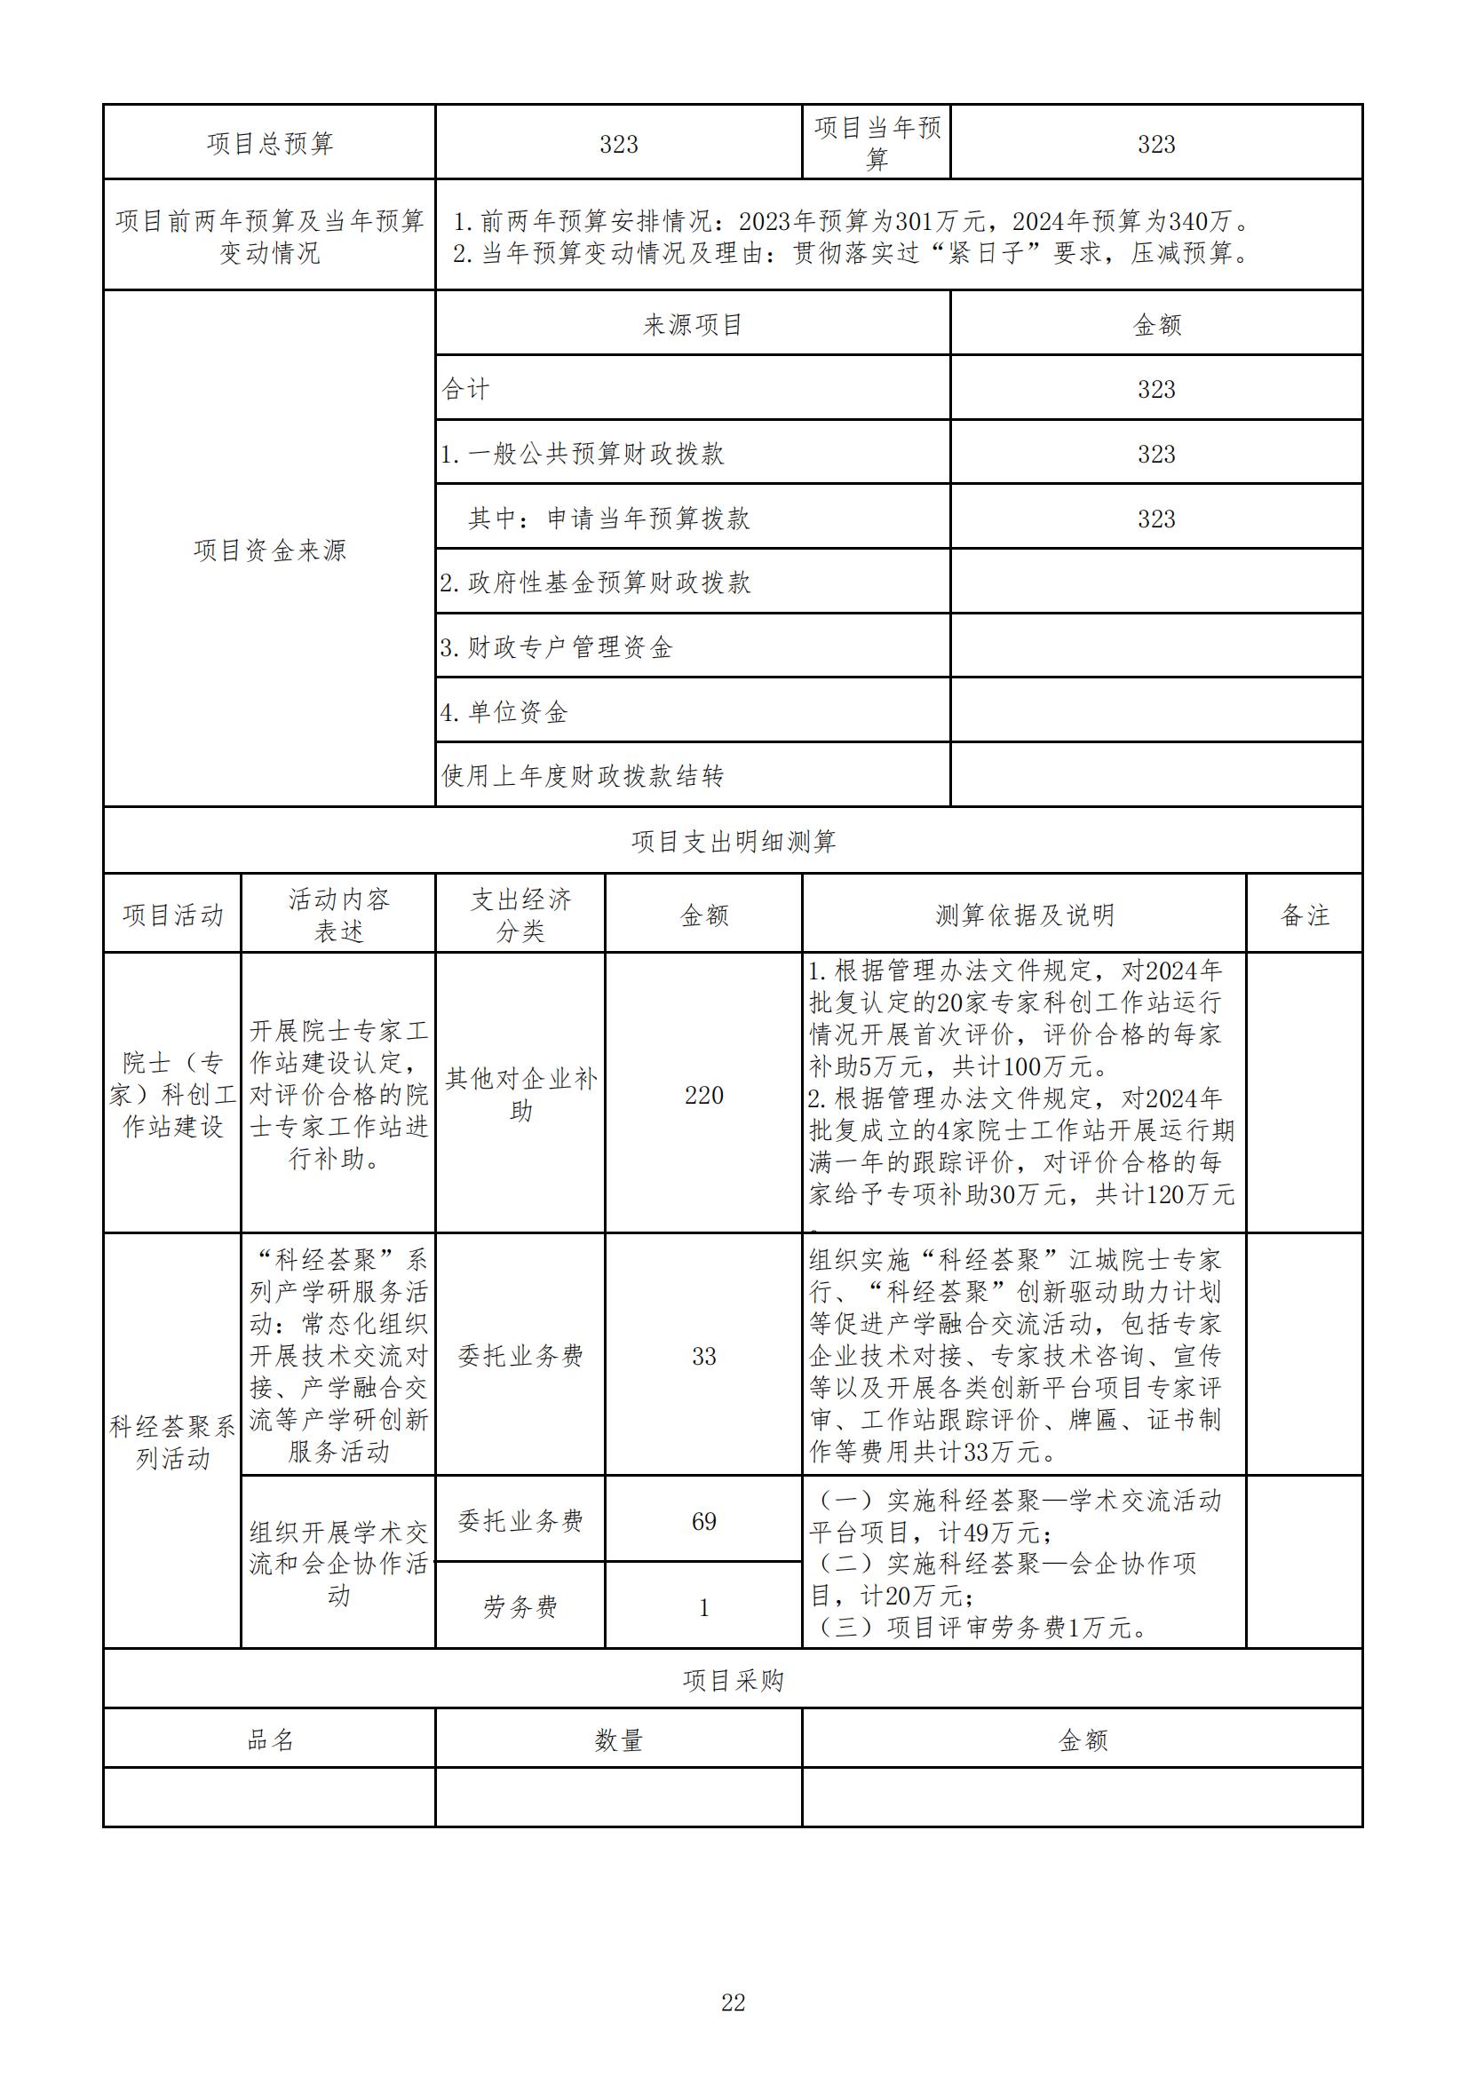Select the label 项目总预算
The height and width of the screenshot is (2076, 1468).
[x=270, y=144]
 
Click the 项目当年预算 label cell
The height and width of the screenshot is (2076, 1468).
[x=877, y=144]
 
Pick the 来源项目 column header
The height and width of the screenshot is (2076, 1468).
[x=693, y=326]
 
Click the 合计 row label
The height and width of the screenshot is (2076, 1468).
[x=466, y=390]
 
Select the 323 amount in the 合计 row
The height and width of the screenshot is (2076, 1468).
[x=1156, y=390]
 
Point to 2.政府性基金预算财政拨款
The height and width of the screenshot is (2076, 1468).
[x=595, y=583]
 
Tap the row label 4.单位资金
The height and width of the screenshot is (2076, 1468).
[x=504, y=712]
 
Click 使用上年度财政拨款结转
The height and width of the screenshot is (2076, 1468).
[x=583, y=776]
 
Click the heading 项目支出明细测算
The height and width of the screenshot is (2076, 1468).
[x=733, y=842]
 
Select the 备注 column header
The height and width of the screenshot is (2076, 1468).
[x=1305, y=915]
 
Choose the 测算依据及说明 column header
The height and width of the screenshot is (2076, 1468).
[x=1024, y=915]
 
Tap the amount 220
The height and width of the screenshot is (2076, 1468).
[x=703, y=1096]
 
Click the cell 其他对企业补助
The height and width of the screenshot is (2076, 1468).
[x=521, y=1094]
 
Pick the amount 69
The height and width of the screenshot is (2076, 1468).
[x=703, y=1522]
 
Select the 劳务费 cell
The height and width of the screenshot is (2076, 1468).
[x=521, y=1607]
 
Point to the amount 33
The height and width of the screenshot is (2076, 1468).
[x=703, y=1356]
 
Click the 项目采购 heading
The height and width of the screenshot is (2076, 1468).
[x=733, y=1681]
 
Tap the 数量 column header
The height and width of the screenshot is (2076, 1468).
[x=619, y=1739]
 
